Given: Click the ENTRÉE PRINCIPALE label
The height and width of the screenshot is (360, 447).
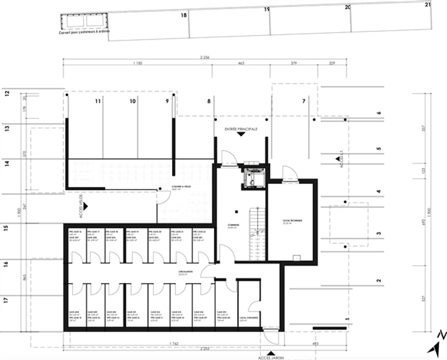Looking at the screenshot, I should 241,129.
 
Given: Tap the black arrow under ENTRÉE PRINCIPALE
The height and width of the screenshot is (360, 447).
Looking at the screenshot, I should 241,134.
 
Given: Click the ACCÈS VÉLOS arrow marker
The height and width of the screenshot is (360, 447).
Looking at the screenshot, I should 85,206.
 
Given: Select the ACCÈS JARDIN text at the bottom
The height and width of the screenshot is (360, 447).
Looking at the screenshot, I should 271,358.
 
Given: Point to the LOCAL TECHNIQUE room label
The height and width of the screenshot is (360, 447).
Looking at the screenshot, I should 292,221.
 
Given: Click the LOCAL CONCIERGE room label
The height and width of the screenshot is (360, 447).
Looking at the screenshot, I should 249,318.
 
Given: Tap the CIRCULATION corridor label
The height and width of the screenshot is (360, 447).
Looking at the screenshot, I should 185,272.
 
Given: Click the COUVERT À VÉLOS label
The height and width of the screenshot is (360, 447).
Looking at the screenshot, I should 181,187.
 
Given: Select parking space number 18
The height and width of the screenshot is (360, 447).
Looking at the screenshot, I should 184,15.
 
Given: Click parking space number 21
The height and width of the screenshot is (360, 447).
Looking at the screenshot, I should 428,5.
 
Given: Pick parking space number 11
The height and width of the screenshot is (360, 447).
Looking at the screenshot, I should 98,101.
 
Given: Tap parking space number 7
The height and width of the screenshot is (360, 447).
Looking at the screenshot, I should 304,101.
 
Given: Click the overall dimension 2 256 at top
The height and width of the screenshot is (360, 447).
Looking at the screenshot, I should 205,57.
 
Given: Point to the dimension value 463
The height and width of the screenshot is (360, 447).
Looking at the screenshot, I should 241,63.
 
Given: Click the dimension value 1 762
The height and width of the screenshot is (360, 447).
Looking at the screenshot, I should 174,344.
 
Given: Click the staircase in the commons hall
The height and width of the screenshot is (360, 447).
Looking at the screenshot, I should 257,234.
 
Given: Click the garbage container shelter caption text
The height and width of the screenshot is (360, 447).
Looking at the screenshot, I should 84,32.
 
